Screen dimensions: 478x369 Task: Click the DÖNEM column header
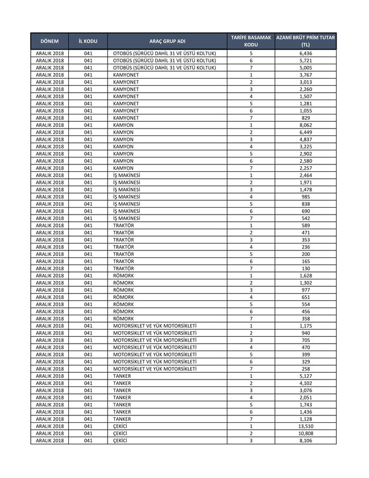pyautogui.click(x=49, y=42)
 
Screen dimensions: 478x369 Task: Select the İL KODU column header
pyautogui.click(x=88, y=42)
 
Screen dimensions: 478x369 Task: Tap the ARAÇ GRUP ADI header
pyautogui.click(x=167, y=42)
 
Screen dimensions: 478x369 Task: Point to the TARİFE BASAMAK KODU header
pyautogui.click(x=251, y=41)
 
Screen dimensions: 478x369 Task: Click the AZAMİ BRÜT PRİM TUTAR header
pyautogui.click(x=305, y=41)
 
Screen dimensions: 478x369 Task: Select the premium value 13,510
pyautogui.click(x=305, y=426)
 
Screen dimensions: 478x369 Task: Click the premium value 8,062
pyautogui.click(x=305, y=125)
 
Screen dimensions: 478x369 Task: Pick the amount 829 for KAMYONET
pyautogui.click(x=305, y=118)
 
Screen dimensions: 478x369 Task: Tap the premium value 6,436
pyautogui.click(x=305, y=53)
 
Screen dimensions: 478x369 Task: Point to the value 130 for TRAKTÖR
pyautogui.click(x=305, y=269)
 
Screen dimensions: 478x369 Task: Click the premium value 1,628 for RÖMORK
pyautogui.click(x=305, y=275)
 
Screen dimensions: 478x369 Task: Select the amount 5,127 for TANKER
pyautogui.click(x=305, y=376)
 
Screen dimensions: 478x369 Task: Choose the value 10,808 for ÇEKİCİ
pyautogui.click(x=305, y=434)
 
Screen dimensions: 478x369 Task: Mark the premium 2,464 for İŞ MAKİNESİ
pyautogui.click(x=305, y=175)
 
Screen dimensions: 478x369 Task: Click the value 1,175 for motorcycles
pyautogui.click(x=305, y=326)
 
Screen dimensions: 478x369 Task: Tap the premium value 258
pyautogui.click(x=305, y=369)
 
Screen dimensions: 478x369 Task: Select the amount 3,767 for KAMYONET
pyautogui.click(x=305, y=75)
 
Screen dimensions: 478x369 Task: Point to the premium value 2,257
pyautogui.click(x=305, y=168)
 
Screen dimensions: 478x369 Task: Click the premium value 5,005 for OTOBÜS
pyautogui.click(x=305, y=68)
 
